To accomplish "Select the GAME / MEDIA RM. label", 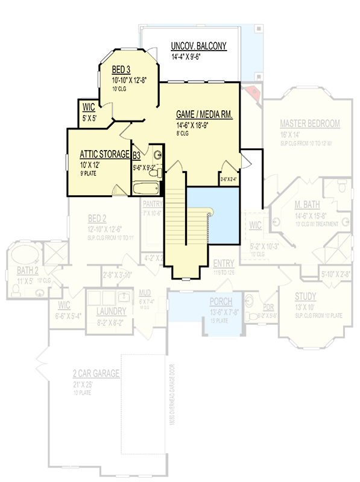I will click(204, 114).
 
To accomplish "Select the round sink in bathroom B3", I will click(157, 154).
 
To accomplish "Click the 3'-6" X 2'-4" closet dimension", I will click(229, 178).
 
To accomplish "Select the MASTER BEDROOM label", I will click(309, 124).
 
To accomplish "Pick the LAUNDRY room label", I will click(112, 311).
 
